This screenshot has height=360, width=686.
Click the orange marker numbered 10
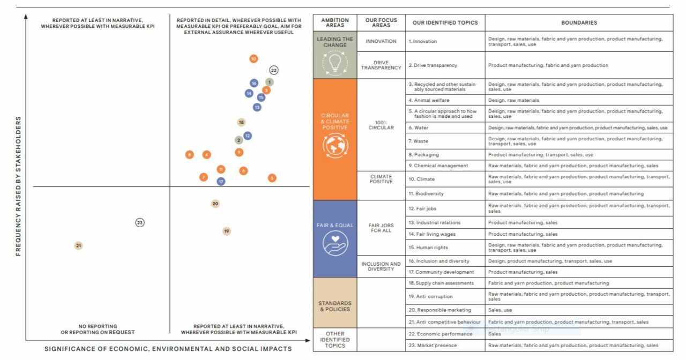[x=253, y=59]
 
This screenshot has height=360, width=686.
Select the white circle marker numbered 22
[x=274, y=70]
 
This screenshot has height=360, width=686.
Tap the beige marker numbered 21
[x=79, y=246]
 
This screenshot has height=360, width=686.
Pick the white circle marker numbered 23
[x=140, y=222]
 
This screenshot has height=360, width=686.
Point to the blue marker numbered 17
[x=221, y=182]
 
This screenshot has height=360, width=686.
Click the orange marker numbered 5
[x=272, y=178]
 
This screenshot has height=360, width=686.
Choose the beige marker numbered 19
[x=227, y=231]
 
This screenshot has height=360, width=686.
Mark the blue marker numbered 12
[x=248, y=136]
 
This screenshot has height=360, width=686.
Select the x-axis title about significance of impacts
[x=168, y=349]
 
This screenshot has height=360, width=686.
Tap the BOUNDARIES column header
[x=579, y=23]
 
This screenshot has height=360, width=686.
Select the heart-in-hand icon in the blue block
[x=335, y=244]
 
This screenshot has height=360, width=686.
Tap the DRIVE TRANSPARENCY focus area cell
[x=381, y=65]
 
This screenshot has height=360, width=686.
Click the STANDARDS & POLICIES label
[x=335, y=306]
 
